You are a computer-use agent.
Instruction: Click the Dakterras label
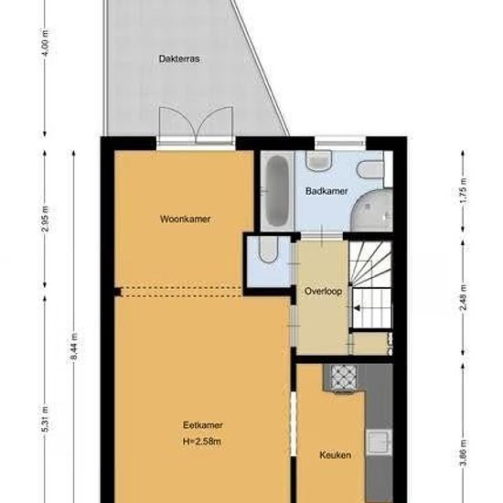179,59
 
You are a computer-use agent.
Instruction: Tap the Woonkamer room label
185,219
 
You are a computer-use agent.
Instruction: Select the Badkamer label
326,191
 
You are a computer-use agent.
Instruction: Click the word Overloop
323,291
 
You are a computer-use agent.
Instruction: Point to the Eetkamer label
203,425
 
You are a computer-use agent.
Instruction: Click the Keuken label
336,455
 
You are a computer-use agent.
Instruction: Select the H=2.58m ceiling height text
202,442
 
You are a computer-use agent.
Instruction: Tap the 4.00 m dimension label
45,43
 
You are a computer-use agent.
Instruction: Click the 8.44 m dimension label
74,347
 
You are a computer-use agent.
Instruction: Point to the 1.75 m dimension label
464,190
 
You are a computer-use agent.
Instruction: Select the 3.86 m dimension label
464,454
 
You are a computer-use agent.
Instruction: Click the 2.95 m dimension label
45,219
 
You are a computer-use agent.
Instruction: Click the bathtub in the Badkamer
277,191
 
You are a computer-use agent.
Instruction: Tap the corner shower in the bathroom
373,210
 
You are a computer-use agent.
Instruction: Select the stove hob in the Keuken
344,378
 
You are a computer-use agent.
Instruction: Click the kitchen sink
380,442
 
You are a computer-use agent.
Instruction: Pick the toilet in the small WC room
269,250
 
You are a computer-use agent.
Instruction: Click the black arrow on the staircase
357,308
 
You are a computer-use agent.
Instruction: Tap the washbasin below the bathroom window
318,160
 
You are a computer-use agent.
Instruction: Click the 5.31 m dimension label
45,419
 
